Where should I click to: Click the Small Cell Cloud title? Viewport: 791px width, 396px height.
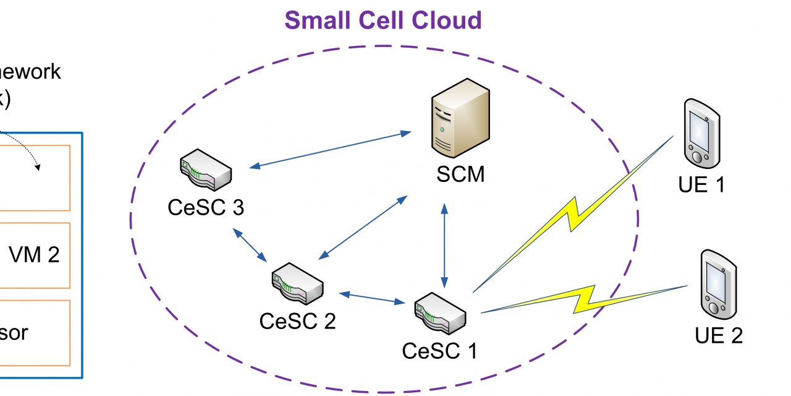click(383, 20)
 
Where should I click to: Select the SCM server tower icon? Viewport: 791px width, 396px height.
click(460, 120)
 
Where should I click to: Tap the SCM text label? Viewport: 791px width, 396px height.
click(460, 174)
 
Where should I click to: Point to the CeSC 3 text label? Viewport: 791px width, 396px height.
click(206, 207)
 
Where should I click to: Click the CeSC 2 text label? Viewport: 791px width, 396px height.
click(297, 321)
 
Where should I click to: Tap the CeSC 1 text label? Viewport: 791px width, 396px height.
click(440, 351)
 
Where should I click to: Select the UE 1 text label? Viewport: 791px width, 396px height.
click(701, 184)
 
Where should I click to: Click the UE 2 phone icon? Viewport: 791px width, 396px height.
click(719, 283)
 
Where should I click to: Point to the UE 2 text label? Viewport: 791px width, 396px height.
click(719, 335)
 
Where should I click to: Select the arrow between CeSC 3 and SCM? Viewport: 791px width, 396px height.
click(331, 149)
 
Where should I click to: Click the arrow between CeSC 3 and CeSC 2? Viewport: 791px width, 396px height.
click(250, 244)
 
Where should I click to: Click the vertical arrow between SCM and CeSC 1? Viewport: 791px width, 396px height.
click(444, 244)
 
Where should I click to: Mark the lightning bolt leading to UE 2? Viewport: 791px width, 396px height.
click(584, 299)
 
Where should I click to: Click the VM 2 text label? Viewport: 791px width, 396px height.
click(35, 254)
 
